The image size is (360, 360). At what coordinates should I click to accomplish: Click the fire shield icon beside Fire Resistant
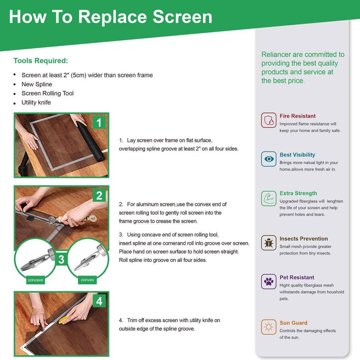(x=269, y=120)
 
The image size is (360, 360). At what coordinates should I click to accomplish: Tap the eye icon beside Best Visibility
(x=269, y=159)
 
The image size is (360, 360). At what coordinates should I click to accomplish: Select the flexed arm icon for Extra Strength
(x=269, y=198)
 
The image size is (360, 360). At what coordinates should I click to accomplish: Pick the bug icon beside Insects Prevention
(x=269, y=243)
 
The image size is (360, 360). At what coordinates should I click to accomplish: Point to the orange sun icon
(x=269, y=327)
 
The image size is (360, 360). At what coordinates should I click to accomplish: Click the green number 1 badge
(x=99, y=123)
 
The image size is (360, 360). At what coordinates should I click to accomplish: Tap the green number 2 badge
(x=99, y=195)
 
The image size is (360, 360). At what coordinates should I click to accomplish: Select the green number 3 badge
(x=61, y=260)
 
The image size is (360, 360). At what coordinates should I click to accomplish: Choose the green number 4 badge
(x=99, y=301)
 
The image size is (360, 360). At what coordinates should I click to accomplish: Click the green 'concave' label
(x=36, y=280)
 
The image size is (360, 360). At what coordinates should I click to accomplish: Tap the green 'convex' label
(x=87, y=280)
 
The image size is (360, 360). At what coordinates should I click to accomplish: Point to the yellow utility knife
(x=65, y=319)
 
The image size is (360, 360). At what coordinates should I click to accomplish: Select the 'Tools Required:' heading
(x=41, y=60)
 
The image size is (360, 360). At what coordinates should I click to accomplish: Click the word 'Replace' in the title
(x=112, y=17)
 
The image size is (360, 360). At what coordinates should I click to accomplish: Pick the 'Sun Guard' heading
(x=293, y=323)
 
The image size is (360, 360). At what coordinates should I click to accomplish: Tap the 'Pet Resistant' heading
(x=297, y=277)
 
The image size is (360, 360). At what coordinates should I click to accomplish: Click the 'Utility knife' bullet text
(x=36, y=102)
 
